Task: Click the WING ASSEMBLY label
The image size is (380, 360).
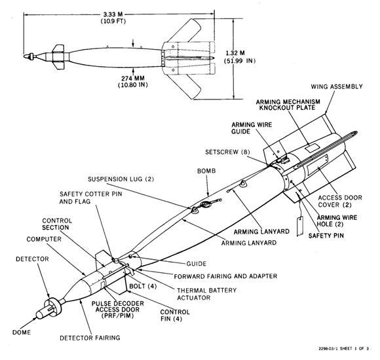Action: pyautogui.click(x=337, y=86)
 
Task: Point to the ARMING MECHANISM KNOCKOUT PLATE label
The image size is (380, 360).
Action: pyautogui.click(x=288, y=105)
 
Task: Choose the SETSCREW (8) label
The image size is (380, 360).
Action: pyautogui.click(x=227, y=152)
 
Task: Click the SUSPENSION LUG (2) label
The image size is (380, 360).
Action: pyautogui.click(x=121, y=179)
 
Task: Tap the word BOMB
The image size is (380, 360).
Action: pyautogui.click(x=206, y=171)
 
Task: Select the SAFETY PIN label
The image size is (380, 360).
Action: pyautogui.click(x=326, y=236)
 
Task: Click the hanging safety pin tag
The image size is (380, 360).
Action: pyautogui.click(x=300, y=226)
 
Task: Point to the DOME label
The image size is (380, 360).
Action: pyautogui.click(x=22, y=332)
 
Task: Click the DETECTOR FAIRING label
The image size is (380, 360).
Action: pyautogui.click(x=90, y=338)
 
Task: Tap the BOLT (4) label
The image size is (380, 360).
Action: pyautogui.click(x=143, y=286)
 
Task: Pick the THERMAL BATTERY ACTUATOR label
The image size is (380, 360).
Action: pyautogui.click(x=207, y=294)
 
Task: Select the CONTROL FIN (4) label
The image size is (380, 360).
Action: pyautogui.click(x=175, y=315)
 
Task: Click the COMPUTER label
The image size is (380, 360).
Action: pyautogui.click(x=44, y=239)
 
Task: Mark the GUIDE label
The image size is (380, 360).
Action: pyautogui.click(x=197, y=264)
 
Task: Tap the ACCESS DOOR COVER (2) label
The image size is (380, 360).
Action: pyautogui.click(x=340, y=201)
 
